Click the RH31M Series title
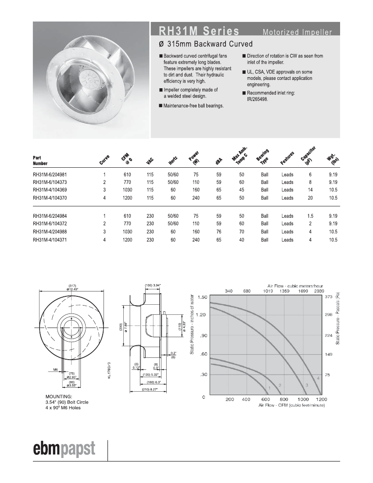[199, 31]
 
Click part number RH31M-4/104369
[50, 190]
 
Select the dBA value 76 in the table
[219, 232]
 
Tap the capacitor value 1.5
[310, 216]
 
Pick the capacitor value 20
[310, 198]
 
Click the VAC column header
[150, 161]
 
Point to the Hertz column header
[172, 160]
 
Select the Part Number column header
[40, 160]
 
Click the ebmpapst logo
[64, 449]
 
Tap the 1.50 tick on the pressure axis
[202, 297]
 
